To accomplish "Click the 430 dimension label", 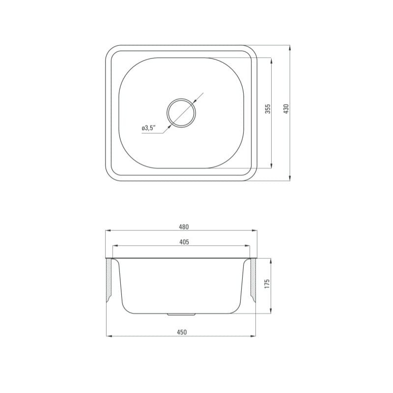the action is click(286, 108).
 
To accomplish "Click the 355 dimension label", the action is click(268, 109).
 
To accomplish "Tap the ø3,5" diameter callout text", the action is click(149, 128).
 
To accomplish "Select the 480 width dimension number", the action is click(184, 227).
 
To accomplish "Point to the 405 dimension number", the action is click(184, 242).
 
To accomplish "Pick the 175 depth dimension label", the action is click(267, 283).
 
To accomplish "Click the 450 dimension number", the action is click(182, 332).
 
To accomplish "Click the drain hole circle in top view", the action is click(181, 99).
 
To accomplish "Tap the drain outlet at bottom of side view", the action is click(181, 314).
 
